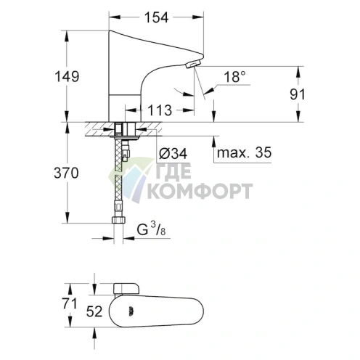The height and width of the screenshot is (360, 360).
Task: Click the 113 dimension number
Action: pos(161,110)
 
